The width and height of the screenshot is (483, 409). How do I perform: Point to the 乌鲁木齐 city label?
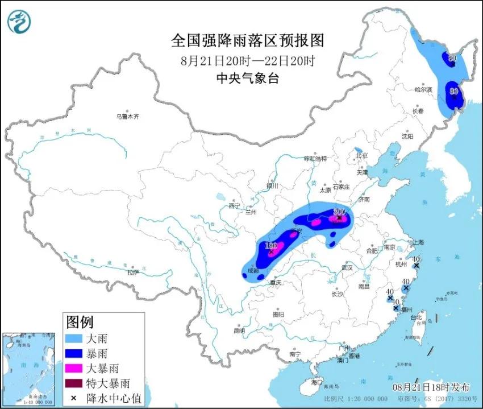pyautogui.click(x=128, y=116)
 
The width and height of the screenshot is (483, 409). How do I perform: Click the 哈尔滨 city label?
pyautogui.click(x=423, y=89)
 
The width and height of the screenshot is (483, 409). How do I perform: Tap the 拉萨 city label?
pyautogui.click(x=133, y=272)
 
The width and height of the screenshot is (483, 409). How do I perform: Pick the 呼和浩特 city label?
pyautogui.click(x=315, y=159)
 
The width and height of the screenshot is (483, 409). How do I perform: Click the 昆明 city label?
pyautogui.click(x=239, y=330)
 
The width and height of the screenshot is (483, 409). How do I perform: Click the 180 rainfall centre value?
pyautogui.click(x=271, y=245)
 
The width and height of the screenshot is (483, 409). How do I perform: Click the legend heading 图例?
pyautogui.click(x=80, y=323)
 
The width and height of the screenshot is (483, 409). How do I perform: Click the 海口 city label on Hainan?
pyautogui.click(x=315, y=382)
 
